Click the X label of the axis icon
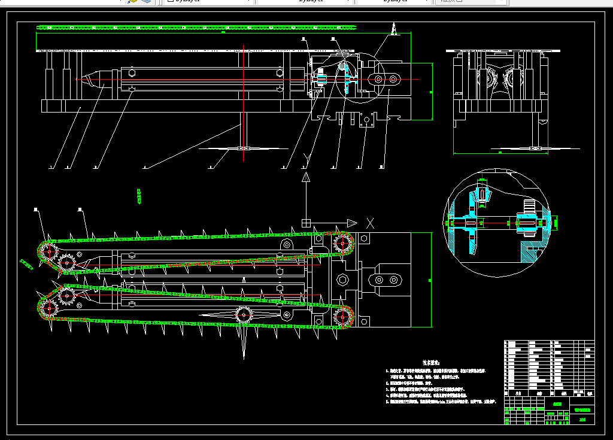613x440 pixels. point(371,223)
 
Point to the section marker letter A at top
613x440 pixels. point(394,28)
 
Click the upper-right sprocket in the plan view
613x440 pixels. point(343,243)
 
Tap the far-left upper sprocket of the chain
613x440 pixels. point(47,251)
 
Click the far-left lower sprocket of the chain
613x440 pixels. point(47,309)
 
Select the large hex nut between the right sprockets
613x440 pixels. point(343,280)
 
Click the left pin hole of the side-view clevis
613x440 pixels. point(377,80)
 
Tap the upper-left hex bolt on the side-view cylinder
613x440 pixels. point(131,73)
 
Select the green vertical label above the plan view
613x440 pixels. point(139,195)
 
